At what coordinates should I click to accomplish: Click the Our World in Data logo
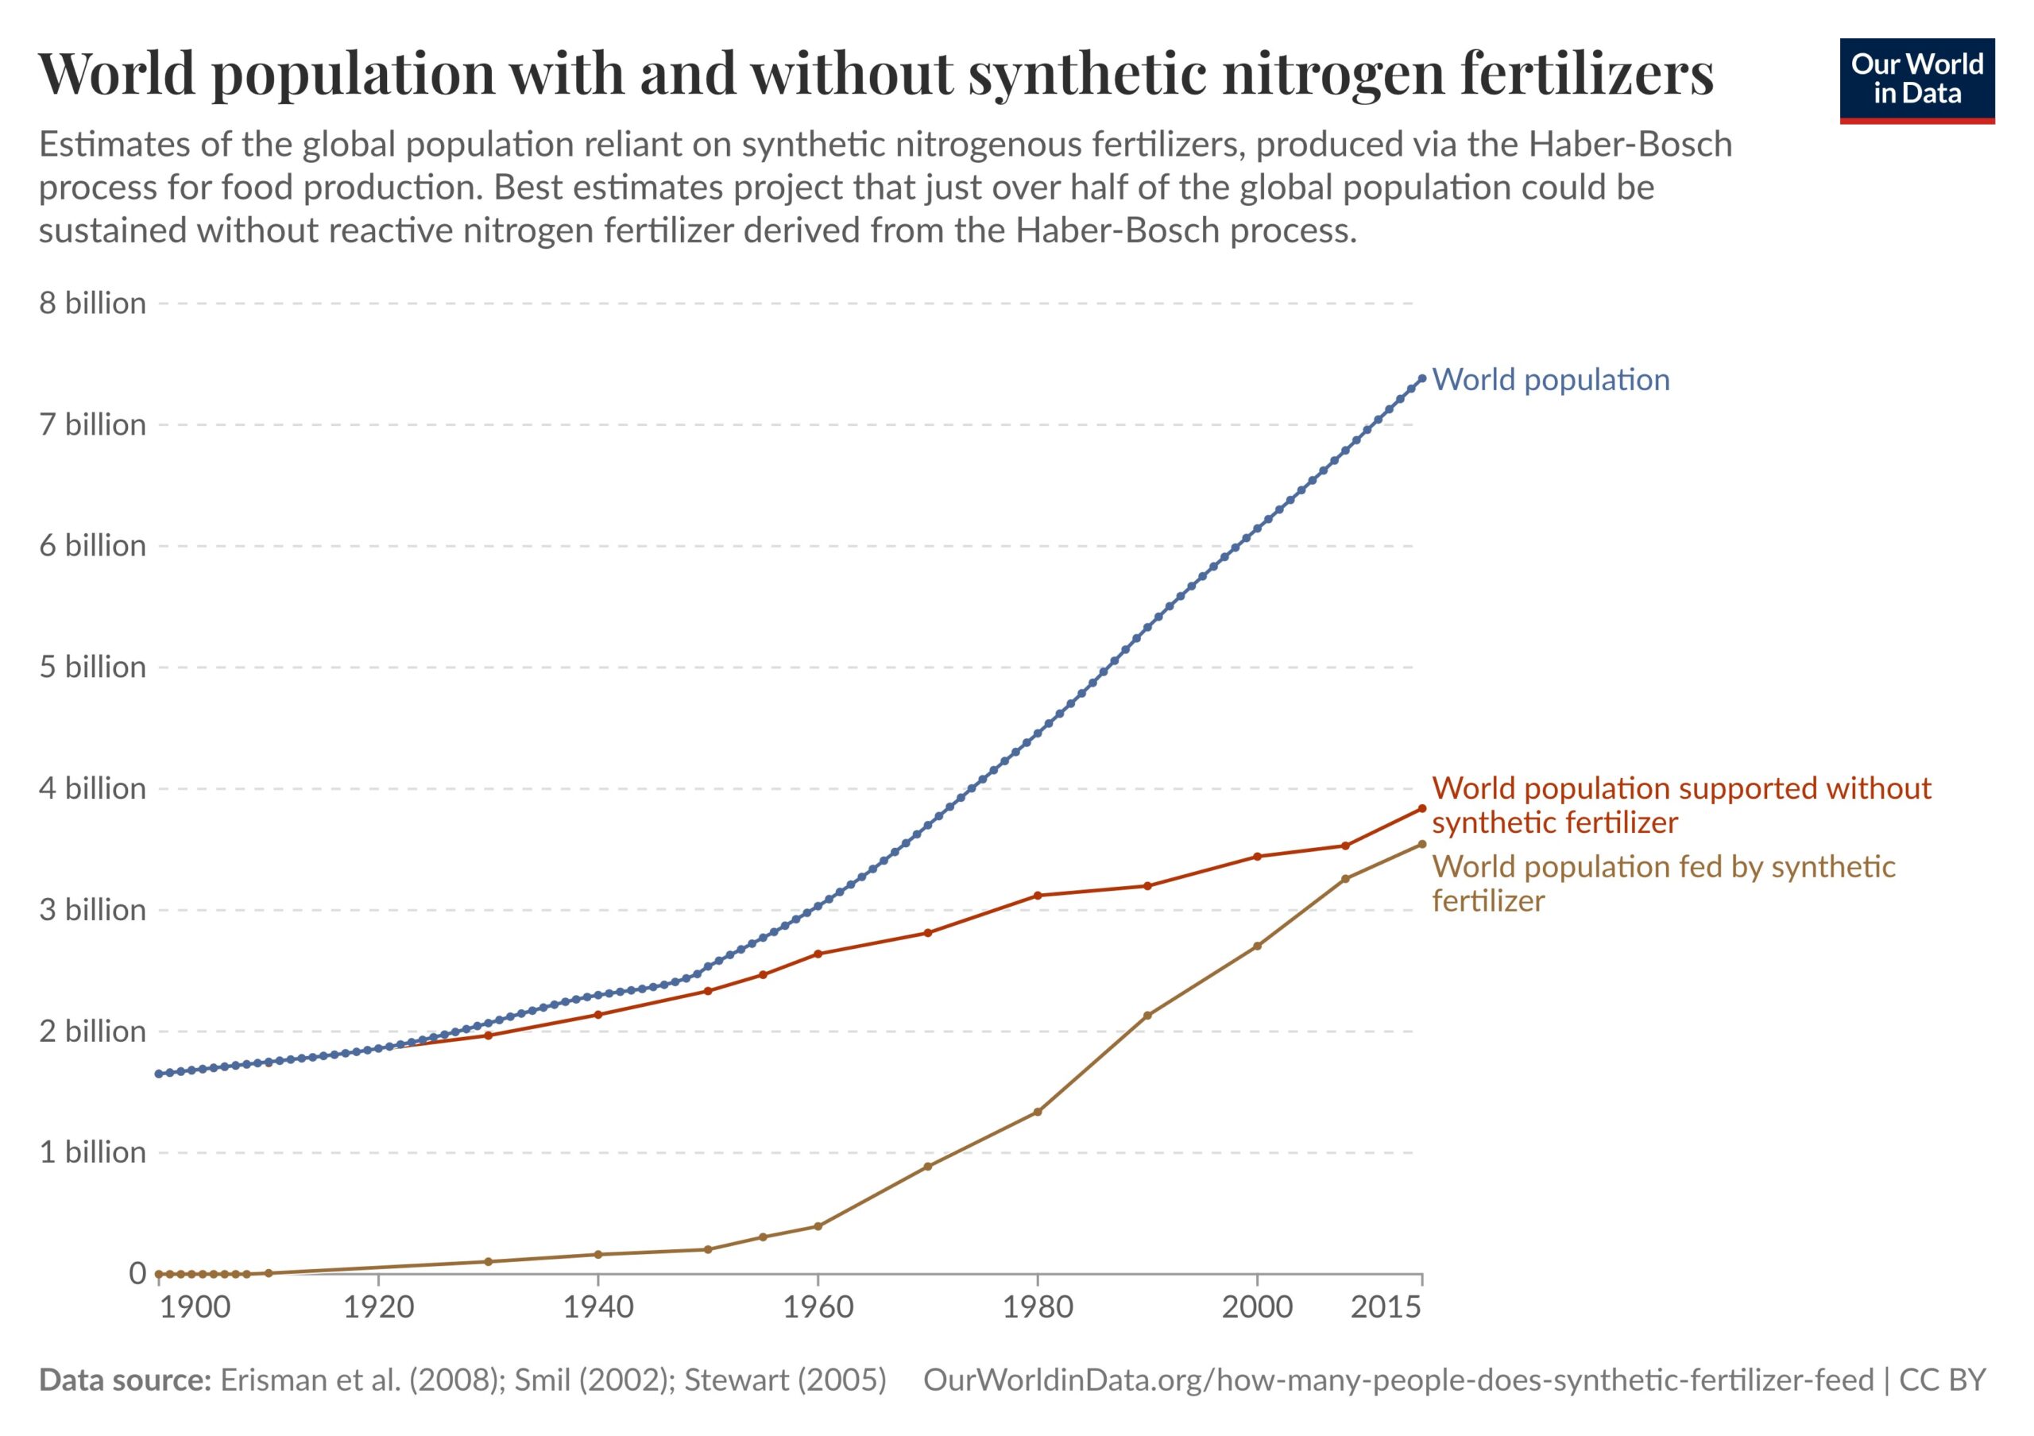(1916, 79)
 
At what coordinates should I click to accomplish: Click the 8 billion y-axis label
(92, 304)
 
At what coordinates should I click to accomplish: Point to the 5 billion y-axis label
(92, 667)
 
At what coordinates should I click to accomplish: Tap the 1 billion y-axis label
(92, 1152)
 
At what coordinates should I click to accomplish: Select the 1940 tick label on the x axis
(598, 1306)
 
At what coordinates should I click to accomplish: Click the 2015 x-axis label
(1386, 1306)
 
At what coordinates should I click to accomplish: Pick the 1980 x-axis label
(1038, 1306)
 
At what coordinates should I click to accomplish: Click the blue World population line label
(1550, 380)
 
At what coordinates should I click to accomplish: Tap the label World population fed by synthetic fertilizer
(1663, 883)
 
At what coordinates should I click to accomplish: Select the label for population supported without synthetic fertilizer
(1680, 805)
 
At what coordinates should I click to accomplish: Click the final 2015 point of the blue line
(1422, 378)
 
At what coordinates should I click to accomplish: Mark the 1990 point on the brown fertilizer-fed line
(1147, 1015)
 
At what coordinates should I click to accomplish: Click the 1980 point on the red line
(1038, 896)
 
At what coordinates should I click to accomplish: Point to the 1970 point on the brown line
(927, 1167)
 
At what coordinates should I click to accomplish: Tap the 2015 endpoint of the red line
(1422, 808)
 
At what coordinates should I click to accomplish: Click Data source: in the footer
(124, 1380)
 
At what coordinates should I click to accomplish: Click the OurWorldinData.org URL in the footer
(1398, 1380)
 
